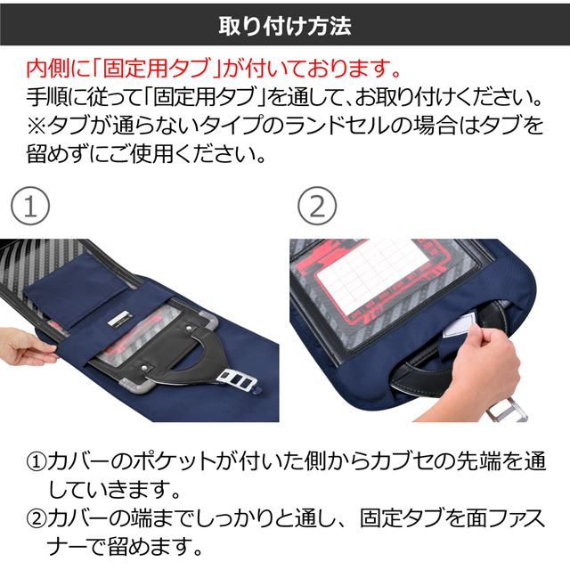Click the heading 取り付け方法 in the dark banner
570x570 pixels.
[x=285, y=26]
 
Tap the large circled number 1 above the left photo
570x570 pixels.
[x=30, y=206]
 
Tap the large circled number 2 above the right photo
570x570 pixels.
[x=317, y=206]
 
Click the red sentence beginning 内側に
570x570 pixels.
[x=214, y=69]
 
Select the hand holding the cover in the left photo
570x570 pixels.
[x=26, y=348]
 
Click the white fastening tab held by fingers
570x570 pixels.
[x=460, y=324]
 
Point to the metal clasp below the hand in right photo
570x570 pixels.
[x=507, y=410]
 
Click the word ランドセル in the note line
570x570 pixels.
[x=342, y=126]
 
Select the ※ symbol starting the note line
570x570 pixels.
[x=37, y=126]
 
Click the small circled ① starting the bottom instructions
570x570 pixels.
[x=37, y=461]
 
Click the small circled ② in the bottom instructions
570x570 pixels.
[x=37, y=518]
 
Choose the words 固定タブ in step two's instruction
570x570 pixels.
[x=402, y=518]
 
